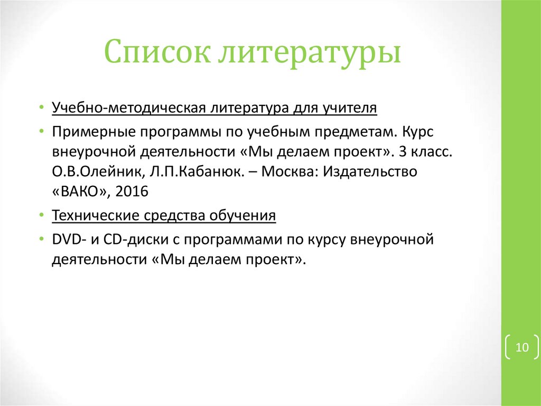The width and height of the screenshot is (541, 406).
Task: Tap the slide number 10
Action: point(522,348)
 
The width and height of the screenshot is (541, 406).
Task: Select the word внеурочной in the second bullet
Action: point(94,152)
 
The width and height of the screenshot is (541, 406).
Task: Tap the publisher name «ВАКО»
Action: point(80,192)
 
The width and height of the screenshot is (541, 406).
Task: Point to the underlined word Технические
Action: point(94,216)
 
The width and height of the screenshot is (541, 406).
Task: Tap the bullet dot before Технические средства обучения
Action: point(41,216)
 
